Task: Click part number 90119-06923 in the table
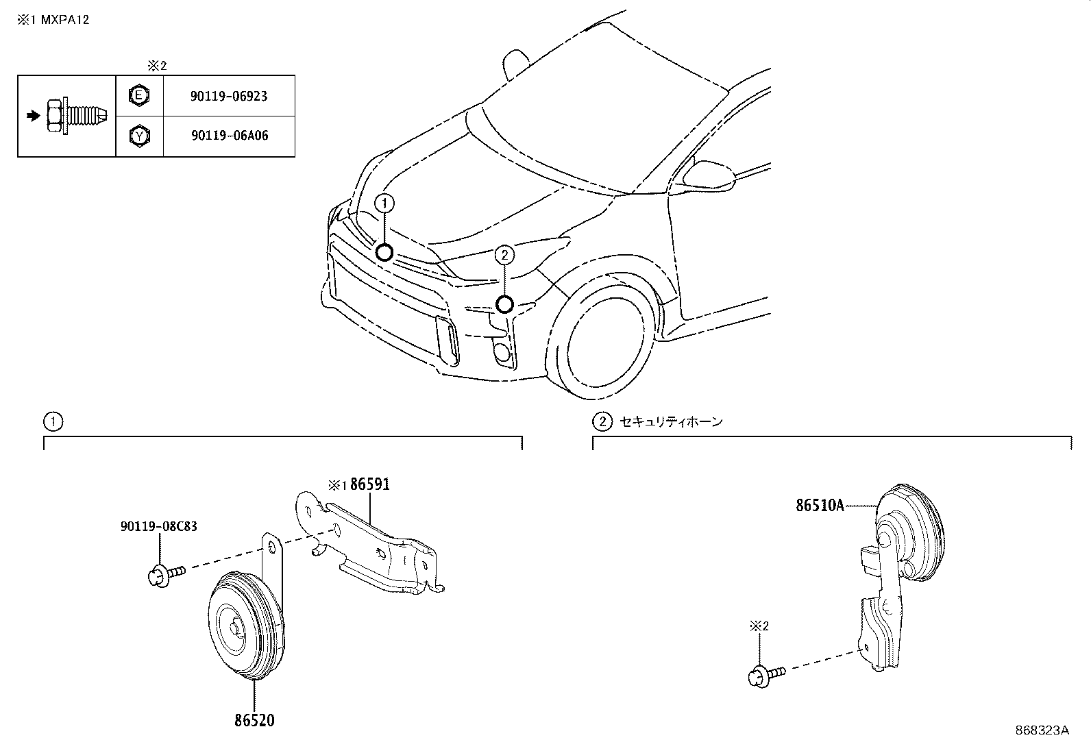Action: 229,96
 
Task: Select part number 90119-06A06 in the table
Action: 230,136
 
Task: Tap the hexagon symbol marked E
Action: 139,95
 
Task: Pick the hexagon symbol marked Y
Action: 140,136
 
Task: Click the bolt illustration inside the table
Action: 76,116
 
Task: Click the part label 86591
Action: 369,484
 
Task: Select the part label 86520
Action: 254,720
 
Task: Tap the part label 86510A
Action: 820,506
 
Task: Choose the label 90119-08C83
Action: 159,526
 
